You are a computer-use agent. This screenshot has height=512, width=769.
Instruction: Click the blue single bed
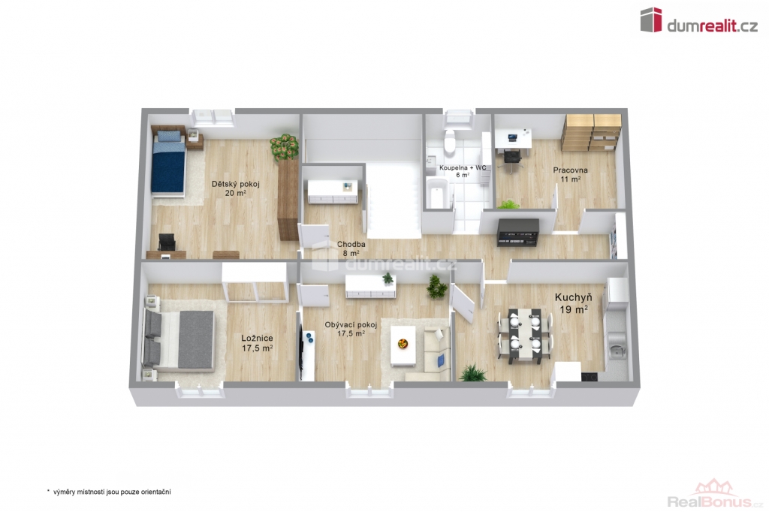168,162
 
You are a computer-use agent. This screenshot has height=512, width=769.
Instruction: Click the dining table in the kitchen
525,336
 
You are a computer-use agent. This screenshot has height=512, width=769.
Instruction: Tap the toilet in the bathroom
449,140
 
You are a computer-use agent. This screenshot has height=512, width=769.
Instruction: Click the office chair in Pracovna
511,159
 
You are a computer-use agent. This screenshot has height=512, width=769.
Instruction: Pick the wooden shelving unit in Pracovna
592,132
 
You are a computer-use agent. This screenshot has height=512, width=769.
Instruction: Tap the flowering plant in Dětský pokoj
284,146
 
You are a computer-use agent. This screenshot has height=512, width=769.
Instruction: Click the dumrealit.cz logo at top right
699,20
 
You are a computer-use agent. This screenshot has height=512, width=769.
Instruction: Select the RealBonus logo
716,494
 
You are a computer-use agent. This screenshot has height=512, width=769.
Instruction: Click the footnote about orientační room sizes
109,492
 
